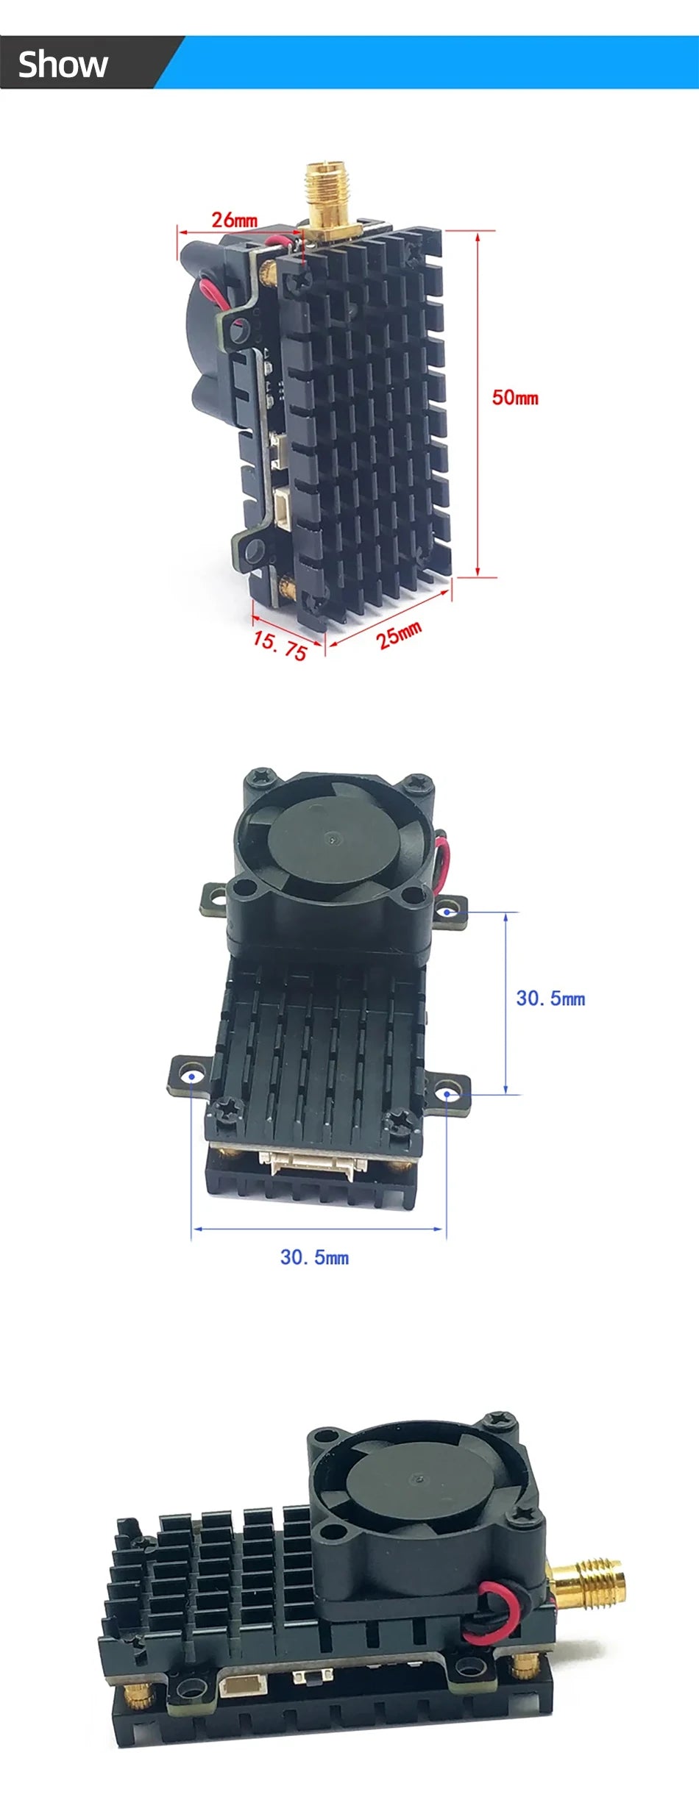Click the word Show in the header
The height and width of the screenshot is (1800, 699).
63,65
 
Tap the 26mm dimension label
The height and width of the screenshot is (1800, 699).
235,219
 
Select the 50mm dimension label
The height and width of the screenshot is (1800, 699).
515,398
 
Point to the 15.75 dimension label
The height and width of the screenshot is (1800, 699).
280,645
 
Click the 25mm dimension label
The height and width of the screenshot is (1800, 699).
400,635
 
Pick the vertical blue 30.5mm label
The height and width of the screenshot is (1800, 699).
550,999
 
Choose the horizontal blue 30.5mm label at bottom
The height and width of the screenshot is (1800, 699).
314,1257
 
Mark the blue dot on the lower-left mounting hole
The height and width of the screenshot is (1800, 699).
192,1076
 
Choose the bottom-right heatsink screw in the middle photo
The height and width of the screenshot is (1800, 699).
402,1121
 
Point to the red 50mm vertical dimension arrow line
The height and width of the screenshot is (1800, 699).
478,404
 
